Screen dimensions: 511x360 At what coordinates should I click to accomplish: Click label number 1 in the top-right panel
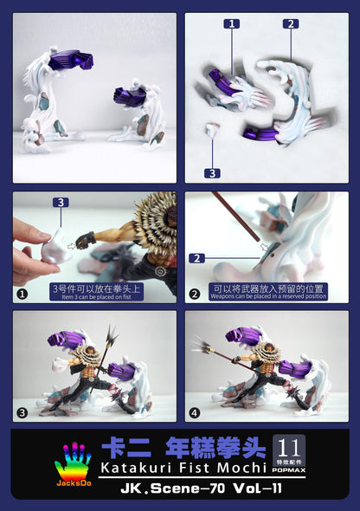pyautogui.click(x=232, y=25)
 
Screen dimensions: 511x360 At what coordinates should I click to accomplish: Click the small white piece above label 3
pyautogui.click(x=211, y=130)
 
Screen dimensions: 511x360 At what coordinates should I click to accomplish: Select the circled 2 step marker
pyautogui.click(x=196, y=293)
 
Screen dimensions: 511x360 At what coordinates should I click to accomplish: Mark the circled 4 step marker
pyautogui.click(x=196, y=412)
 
